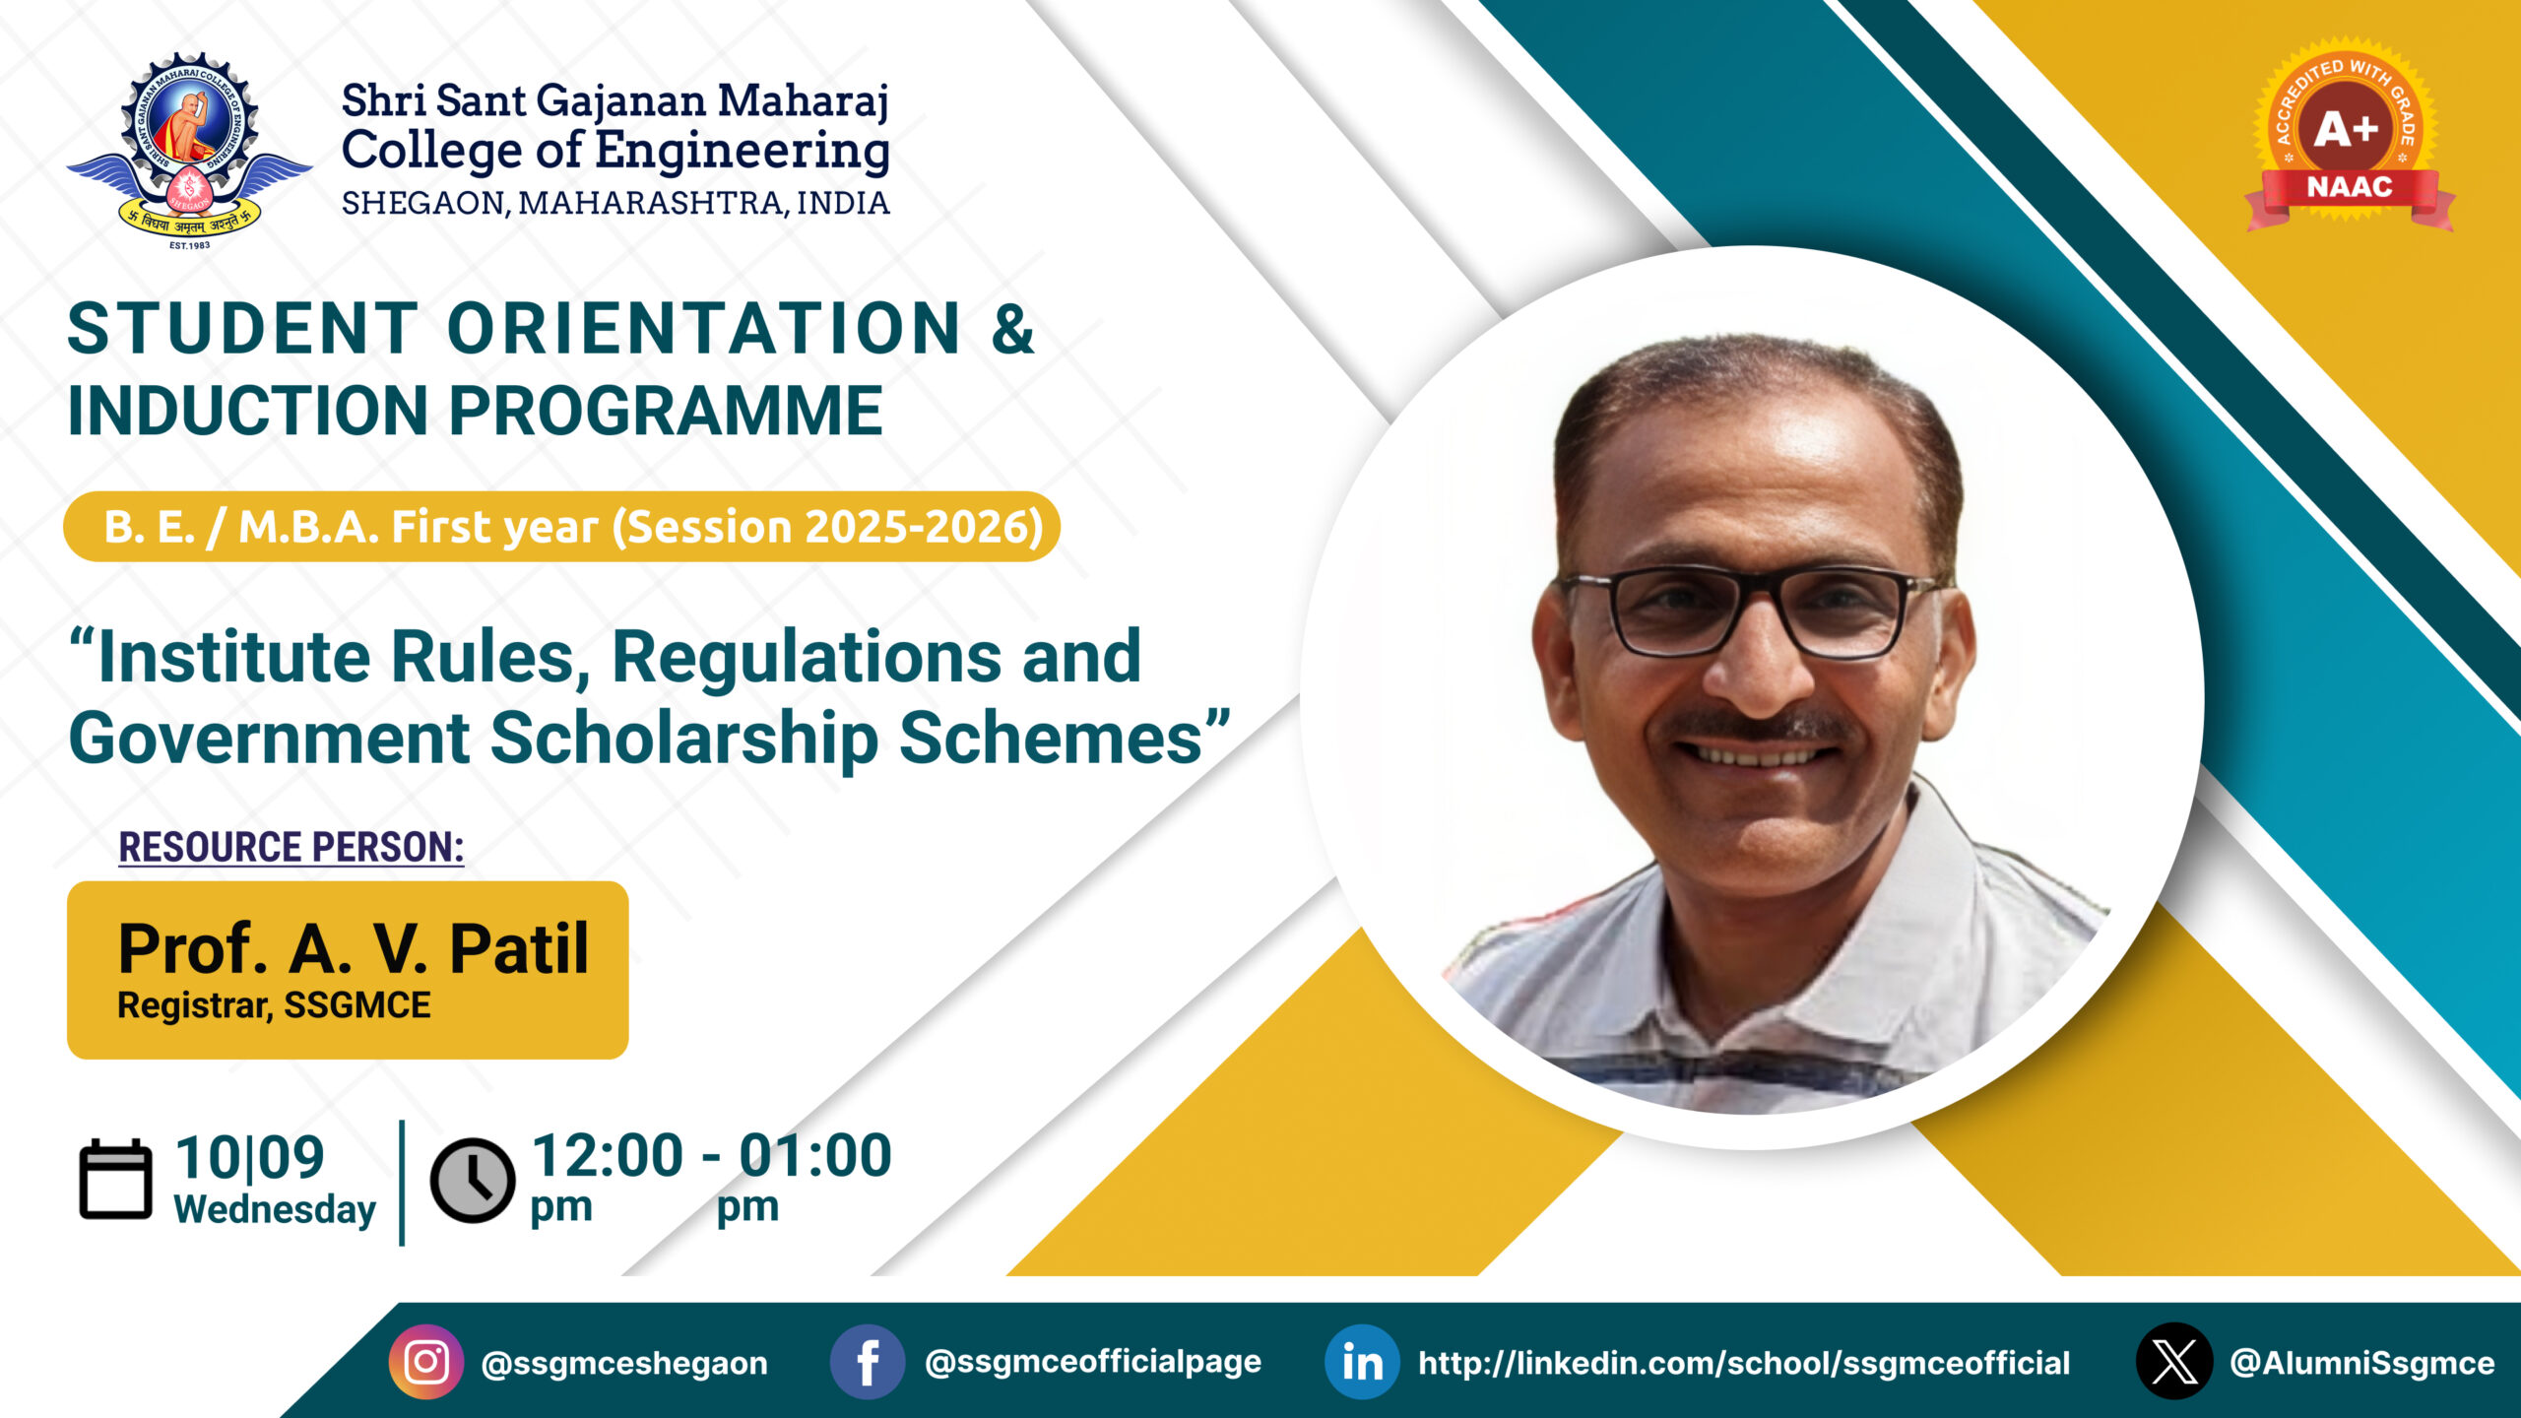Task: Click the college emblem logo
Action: click(x=189, y=151)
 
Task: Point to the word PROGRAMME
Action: click(x=666, y=411)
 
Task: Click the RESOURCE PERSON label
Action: click(x=291, y=847)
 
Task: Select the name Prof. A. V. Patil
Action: click(x=354, y=949)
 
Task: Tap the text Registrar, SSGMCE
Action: click(x=274, y=1005)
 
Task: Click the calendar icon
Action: click(x=115, y=1180)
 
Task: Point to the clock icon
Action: click(x=473, y=1181)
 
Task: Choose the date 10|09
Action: click(x=250, y=1157)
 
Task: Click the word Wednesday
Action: click(x=275, y=1209)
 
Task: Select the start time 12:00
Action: click(x=607, y=1155)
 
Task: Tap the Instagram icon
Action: click(x=426, y=1362)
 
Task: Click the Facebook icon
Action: click(x=868, y=1362)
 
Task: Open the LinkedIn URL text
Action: click(x=1744, y=1363)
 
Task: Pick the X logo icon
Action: click(x=2174, y=1362)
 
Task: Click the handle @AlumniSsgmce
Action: click(x=2362, y=1363)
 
